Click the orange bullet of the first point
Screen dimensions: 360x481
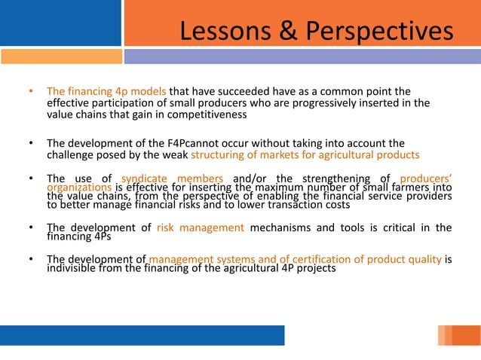31,92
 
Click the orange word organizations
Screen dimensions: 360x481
79,187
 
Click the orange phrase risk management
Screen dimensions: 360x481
201,227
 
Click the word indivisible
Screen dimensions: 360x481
74,268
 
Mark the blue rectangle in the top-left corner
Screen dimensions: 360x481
60,23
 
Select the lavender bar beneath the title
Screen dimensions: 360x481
302,56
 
